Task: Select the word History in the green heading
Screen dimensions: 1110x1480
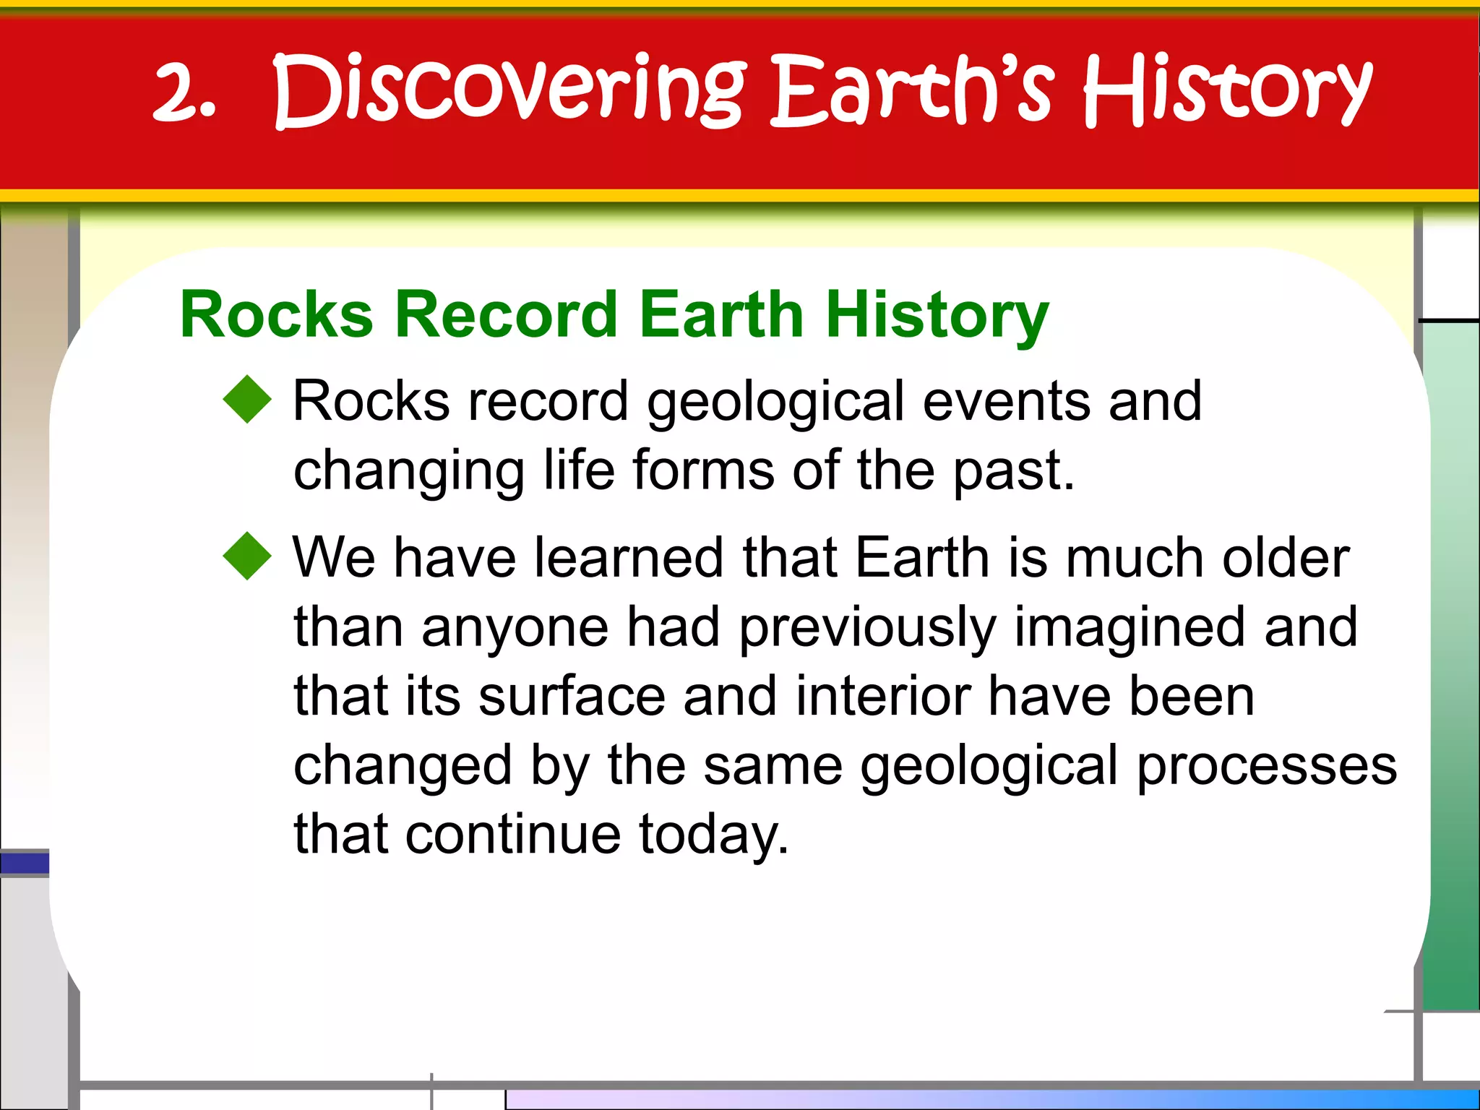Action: coord(937,316)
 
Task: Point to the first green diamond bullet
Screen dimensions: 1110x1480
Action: coord(247,399)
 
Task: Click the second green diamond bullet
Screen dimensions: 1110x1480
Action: coord(247,556)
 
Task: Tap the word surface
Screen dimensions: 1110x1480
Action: coord(572,697)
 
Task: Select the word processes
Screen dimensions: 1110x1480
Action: coord(1267,766)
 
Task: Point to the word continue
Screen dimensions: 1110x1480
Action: coord(513,835)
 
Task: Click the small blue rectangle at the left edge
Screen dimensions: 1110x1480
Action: coord(25,864)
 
